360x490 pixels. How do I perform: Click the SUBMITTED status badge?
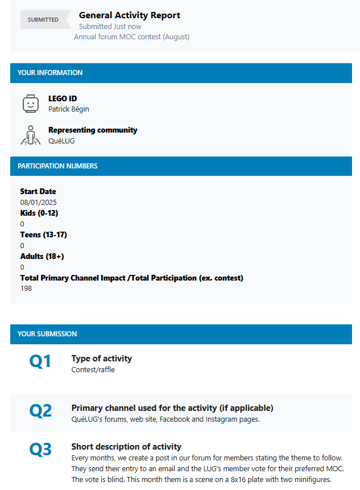coord(43,19)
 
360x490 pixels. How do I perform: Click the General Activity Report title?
coord(130,15)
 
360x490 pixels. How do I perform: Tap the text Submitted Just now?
coord(110,26)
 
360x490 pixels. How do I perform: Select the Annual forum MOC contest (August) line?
coord(131,36)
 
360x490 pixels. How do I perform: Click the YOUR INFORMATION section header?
coord(50,73)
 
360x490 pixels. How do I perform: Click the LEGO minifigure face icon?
coord(30,104)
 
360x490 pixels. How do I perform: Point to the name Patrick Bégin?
coord(69,109)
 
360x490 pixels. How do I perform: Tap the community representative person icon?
coord(30,135)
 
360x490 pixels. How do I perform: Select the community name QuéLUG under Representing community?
coord(61,141)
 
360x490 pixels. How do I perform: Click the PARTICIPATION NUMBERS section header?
coord(57,166)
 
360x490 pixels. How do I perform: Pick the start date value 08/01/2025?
coord(38,202)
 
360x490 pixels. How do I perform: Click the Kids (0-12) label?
coord(39,213)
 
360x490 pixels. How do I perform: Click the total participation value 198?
coord(26,289)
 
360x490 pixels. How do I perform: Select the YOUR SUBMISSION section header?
coord(47,334)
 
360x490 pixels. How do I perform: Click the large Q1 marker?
coord(40,361)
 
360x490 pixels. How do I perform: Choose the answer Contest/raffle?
coord(93,369)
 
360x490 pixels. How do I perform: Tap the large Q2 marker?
coord(40,411)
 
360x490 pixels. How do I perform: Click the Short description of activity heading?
coord(126,446)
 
